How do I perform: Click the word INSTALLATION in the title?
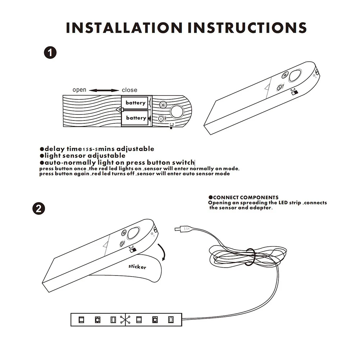pyautogui.click(x=124, y=28)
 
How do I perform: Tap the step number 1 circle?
pyautogui.click(x=50, y=53)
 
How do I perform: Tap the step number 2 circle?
pyautogui.click(x=38, y=209)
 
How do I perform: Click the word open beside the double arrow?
pyautogui.click(x=79, y=90)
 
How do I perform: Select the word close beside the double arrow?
pyautogui.click(x=129, y=90)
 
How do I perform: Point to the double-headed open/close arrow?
pyautogui.click(x=104, y=91)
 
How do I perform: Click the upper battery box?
pyautogui.click(x=135, y=102)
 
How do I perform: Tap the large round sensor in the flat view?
pyautogui.click(x=177, y=111)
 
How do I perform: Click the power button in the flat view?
pyautogui.click(x=163, y=105)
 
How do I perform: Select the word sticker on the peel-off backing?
pyautogui.click(x=137, y=266)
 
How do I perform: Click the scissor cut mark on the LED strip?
pyautogui.click(x=125, y=320)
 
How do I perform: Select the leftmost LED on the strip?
pyautogui.click(x=81, y=320)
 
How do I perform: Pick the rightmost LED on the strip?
pyautogui.click(x=171, y=320)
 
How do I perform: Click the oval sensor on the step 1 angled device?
pyautogui.click(x=296, y=75)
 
